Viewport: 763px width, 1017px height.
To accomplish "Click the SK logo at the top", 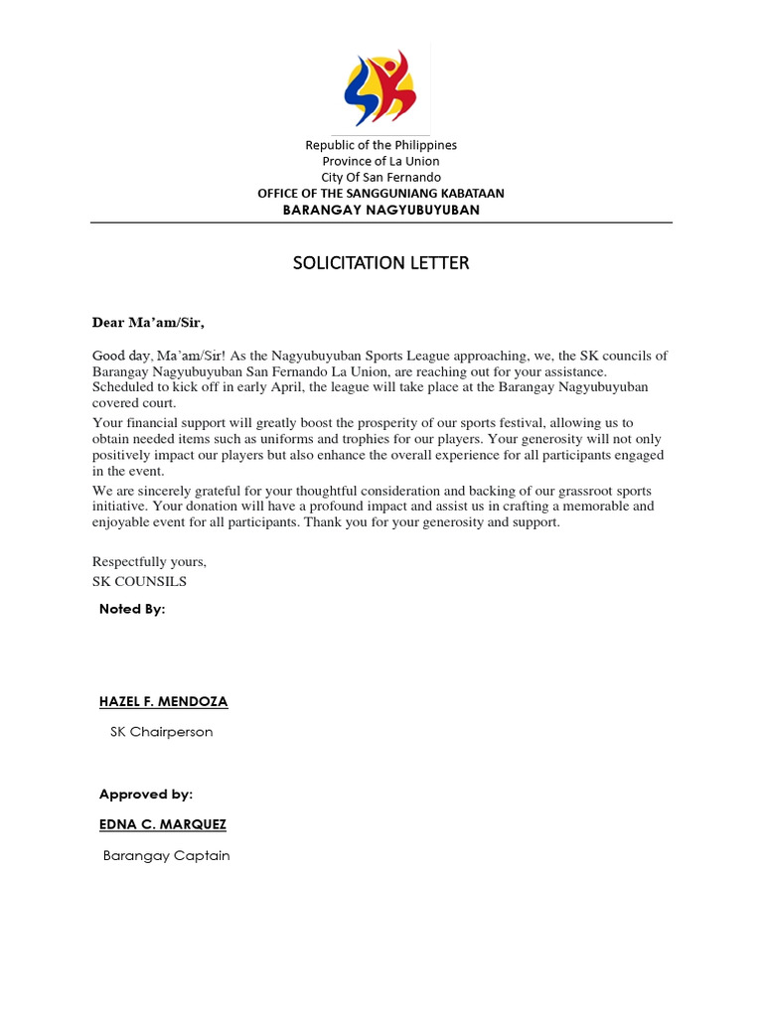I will [x=381, y=88].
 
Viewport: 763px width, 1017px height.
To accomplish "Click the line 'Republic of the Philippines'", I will [x=381, y=145].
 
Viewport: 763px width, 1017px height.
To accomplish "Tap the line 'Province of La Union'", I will [x=381, y=161].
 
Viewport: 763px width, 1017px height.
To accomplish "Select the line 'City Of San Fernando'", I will [x=381, y=177].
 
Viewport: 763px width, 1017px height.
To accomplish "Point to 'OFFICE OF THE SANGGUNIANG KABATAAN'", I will [x=381, y=193].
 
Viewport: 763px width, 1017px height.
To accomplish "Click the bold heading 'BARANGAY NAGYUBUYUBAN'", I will [x=381, y=210].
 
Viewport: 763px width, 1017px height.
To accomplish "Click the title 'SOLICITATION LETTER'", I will [x=381, y=263].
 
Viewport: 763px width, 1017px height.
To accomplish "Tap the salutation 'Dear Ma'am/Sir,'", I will [x=148, y=322].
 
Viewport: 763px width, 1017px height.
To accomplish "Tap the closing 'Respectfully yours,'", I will [x=149, y=562].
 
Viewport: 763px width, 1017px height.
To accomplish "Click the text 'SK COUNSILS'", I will [x=139, y=581].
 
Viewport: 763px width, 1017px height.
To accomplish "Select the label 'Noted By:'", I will [x=132, y=609].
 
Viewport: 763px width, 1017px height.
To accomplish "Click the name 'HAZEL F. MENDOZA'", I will [x=163, y=702].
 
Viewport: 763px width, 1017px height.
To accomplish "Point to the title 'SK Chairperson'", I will [x=161, y=732].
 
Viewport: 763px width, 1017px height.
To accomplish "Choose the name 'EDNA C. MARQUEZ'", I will [x=162, y=824].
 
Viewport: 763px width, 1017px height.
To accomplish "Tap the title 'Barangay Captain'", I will [x=166, y=855].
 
